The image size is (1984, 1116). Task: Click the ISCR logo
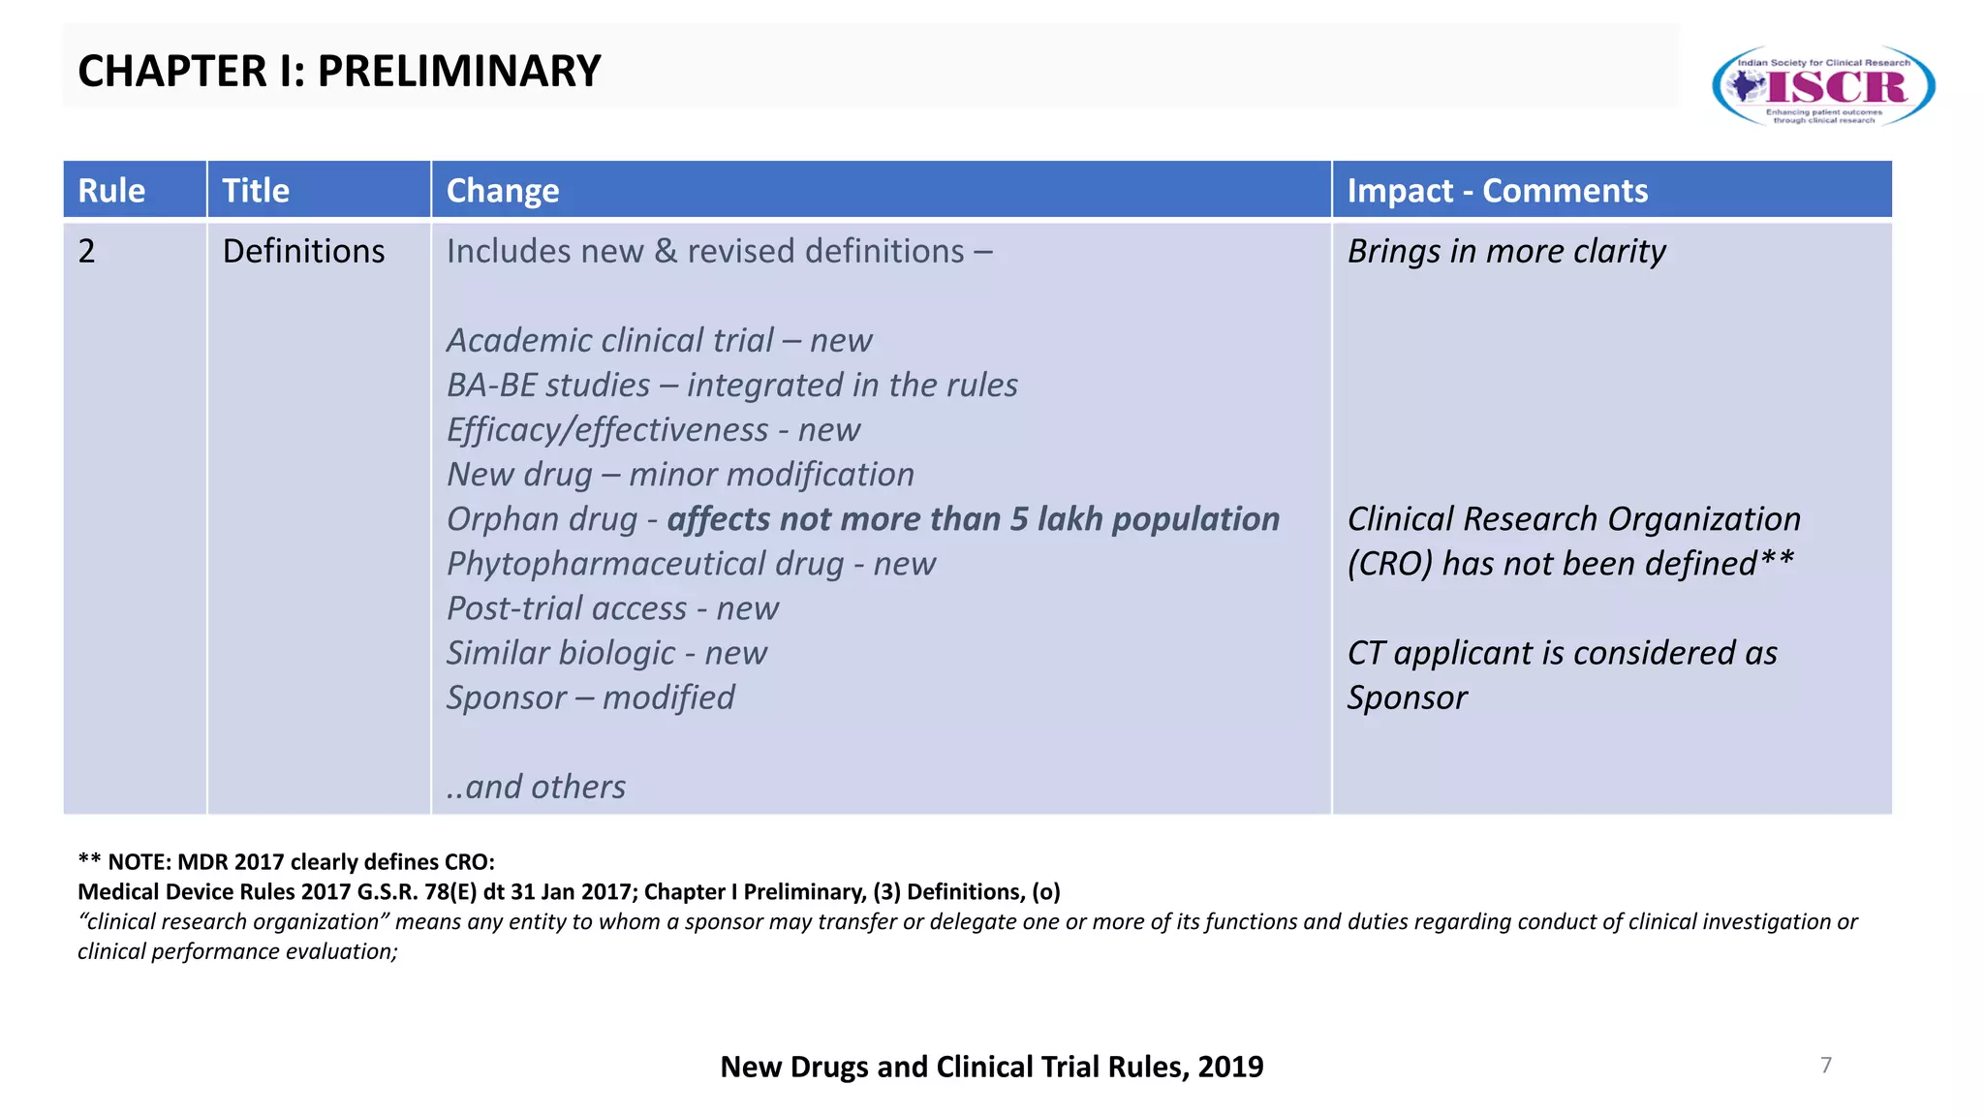(1823, 85)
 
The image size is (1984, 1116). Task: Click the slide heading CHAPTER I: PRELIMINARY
(339, 71)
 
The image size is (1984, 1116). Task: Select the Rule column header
(111, 190)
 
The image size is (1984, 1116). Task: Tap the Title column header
(256, 190)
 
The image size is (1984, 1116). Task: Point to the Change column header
(503, 190)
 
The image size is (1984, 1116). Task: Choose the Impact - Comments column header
(1497, 190)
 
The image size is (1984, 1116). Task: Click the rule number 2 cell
(87, 251)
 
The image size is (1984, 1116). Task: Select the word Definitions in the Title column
(303, 251)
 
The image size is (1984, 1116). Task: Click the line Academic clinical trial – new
(659, 340)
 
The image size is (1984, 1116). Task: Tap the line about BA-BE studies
(731, 385)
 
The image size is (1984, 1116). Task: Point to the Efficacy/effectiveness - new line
(653, 429)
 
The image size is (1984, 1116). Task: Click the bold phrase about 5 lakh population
(973, 519)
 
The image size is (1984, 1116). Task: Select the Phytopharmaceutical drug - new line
(691, 564)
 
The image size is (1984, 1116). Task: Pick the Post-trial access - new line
(612, 608)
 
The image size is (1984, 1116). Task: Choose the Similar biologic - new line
(606, 653)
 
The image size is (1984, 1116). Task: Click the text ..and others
(536, 787)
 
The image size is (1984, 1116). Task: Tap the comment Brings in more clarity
(1506, 251)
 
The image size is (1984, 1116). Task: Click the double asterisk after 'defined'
(1777, 560)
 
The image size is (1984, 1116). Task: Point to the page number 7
(1826, 1065)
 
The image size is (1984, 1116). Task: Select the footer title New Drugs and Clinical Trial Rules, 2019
(991, 1067)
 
